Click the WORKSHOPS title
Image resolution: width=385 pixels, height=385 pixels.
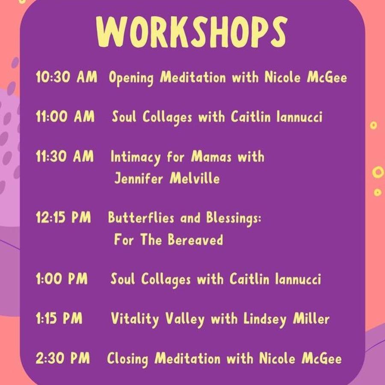(x=192, y=32)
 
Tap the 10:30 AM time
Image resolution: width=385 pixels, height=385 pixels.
(x=67, y=77)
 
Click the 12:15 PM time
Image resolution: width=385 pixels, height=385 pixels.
(x=63, y=217)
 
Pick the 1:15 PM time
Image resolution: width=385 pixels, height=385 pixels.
(x=59, y=318)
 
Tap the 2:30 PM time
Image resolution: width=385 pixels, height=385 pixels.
(x=63, y=358)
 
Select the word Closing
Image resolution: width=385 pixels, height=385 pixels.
(x=127, y=359)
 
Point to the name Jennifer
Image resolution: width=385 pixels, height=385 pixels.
(x=139, y=178)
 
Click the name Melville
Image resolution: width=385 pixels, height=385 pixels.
(x=195, y=178)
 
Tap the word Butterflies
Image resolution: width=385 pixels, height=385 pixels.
(x=141, y=217)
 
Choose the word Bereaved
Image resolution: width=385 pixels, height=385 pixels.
(x=195, y=240)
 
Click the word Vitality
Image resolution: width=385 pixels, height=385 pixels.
(x=135, y=320)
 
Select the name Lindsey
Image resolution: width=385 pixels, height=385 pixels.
(x=265, y=320)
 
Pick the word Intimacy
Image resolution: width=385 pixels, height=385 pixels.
(x=136, y=157)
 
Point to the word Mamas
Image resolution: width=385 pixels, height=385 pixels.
(x=211, y=157)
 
